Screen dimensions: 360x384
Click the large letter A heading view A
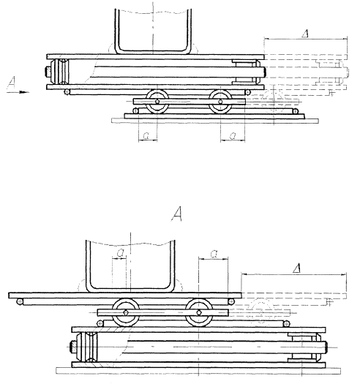click(176, 214)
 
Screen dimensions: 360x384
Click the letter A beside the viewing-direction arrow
click(12, 83)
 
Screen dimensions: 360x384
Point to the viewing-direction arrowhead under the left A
click(24, 92)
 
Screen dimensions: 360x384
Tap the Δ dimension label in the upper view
click(305, 34)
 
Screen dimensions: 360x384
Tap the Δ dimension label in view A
click(297, 268)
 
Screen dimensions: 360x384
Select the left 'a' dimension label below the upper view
click(146, 135)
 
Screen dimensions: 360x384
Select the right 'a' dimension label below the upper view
click(233, 135)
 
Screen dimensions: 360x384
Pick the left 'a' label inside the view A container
click(120, 252)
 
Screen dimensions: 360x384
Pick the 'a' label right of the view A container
click(214, 254)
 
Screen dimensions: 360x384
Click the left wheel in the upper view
click(157, 101)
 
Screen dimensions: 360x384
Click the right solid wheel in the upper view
click(220, 101)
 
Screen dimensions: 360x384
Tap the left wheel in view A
click(126, 312)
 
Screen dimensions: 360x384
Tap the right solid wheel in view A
click(199, 312)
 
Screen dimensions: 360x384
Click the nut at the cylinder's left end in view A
click(72, 347)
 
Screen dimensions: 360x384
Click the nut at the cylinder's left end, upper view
click(48, 72)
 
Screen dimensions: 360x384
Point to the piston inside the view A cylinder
click(88, 347)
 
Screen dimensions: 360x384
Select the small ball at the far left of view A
click(19, 301)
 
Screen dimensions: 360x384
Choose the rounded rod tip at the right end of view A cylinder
click(326, 347)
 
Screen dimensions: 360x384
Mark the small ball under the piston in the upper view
click(67, 92)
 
